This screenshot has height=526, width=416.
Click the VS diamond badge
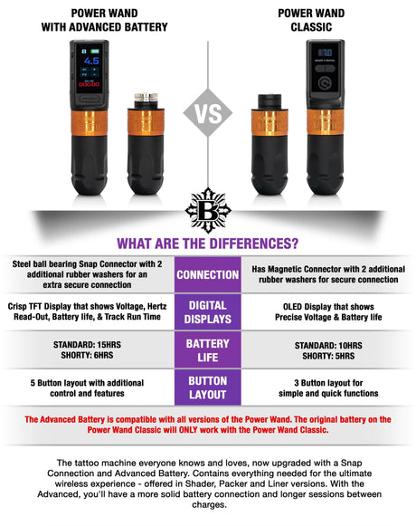click(x=208, y=115)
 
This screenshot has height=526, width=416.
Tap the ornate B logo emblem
click(x=208, y=212)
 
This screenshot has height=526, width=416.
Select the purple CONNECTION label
click(x=208, y=274)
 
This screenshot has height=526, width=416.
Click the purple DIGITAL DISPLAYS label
click(x=208, y=312)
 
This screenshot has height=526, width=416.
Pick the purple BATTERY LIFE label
click(x=208, y=350)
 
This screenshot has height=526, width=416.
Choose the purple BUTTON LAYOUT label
click(x=208, y=387)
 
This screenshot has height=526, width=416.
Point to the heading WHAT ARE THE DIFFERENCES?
click(x=208, y=244)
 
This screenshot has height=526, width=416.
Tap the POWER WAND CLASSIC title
click(x=311, y=20)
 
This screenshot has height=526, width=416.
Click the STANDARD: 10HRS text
click(x=329, y=346)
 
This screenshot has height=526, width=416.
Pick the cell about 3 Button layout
click(x=329, y=387)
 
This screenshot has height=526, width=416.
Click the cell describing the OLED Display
click(x=329, y=312)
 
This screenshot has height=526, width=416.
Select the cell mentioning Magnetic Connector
click(x=329, y=273)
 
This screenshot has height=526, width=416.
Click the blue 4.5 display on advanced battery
click(x=91, y=62)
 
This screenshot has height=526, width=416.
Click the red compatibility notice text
click(x=208, y=425)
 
